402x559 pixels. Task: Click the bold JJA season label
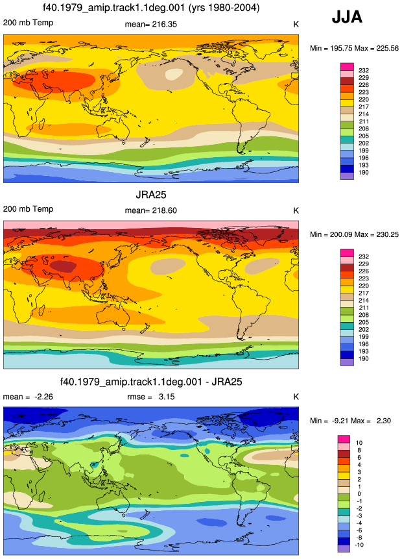coord(347,17)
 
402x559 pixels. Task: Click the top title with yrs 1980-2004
coord(151,7)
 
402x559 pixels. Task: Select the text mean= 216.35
coord(151,24)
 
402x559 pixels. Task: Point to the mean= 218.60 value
coord(151,210)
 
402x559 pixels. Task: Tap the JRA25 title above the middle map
coord(151,195)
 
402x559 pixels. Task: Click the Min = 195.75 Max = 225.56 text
coord(354,48)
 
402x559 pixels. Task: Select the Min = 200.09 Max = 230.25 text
coord(354,234)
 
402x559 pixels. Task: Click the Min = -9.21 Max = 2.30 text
coord(350,421)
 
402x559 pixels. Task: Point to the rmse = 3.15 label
coord(151,397)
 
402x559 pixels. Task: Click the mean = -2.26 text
coord(28,397)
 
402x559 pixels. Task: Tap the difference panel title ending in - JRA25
coord(151,382)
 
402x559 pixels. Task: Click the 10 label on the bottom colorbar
coord(359,443)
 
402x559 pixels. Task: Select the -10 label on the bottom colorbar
coord(359,545)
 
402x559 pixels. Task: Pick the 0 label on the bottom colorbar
coord(359,494)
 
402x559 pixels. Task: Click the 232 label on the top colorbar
coord(364,70)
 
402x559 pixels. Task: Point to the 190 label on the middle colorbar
coord(364,358)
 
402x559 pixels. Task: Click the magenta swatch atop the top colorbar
coord(347,67)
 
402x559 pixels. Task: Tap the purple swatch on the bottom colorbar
coord(344,549)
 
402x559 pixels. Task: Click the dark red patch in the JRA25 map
coord(64,266)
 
